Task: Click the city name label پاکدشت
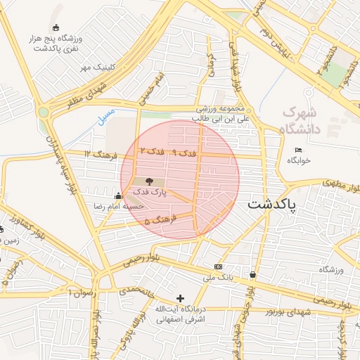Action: click(272, 205)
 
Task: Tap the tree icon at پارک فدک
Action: click(148, 181)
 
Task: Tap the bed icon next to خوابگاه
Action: click(298, 150)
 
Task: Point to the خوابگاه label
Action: click(298, 160)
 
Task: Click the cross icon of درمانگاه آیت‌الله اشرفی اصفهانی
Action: click(180, 298)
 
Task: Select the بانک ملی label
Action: click(217, 278)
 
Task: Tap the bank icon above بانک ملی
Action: click(218, 267)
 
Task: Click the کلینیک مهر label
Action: click(96, 67)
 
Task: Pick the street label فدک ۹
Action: click(184, 153)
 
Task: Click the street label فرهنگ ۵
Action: click(161, 221)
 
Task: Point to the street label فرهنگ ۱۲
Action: click(97, 152)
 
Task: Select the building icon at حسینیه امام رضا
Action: click(117, 195)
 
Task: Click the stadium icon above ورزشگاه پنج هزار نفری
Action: click(56, 27)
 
